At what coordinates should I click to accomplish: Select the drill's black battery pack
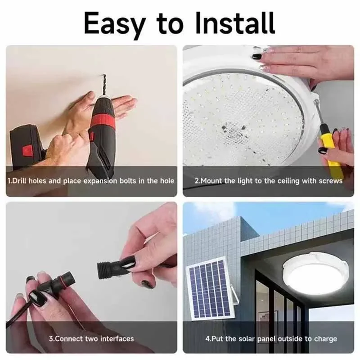(25, 148)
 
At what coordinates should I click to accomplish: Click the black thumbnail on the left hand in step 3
(37, 298)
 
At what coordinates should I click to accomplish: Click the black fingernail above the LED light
(257, 57)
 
